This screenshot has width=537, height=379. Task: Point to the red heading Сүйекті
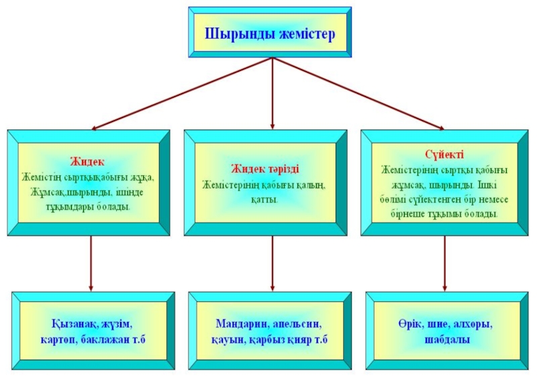[x=444, y=154]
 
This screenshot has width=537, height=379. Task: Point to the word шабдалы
[x=444, y=340]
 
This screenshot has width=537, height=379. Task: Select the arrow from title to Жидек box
[x=182, y=93]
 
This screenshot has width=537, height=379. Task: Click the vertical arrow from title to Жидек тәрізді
[x=272, y=93]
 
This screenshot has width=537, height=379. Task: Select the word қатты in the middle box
[x=264, y=199]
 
